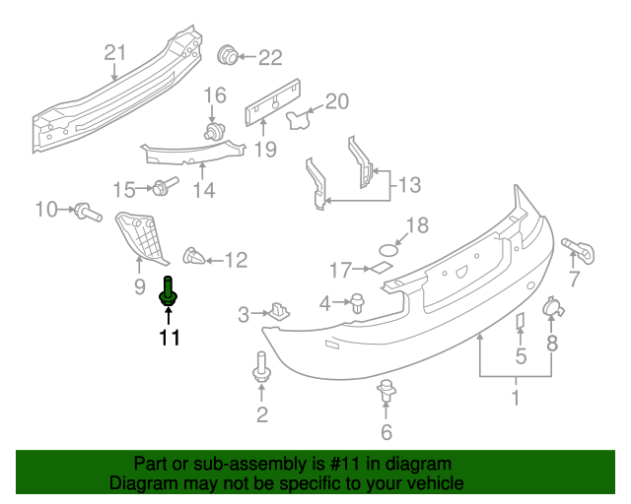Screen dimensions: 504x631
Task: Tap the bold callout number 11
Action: tap(169, 339)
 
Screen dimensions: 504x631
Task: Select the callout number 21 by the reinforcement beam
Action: tap(115, 52)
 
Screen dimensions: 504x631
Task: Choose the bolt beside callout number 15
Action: tap(164, 186)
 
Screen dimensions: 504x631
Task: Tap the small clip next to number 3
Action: tap(279, 312)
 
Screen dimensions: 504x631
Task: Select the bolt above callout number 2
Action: tap(262, 367)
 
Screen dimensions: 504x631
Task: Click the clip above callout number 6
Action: tap(386, 391)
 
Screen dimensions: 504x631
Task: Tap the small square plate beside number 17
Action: tap(379, 267)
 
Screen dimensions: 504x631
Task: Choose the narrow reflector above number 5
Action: tap(520, 322)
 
